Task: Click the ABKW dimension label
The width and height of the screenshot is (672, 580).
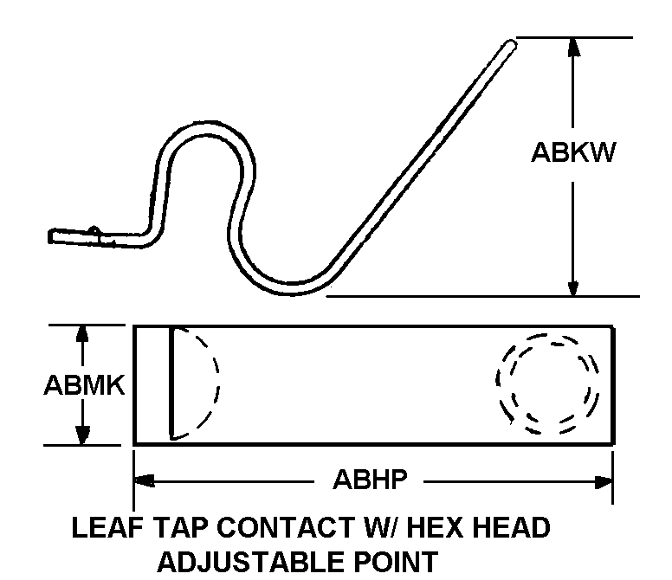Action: point(573,152)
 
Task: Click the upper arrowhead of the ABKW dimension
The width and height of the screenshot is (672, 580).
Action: point(572,48)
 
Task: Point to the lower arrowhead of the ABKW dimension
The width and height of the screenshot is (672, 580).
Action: point(572,286)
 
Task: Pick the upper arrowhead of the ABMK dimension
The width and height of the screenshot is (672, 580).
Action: point(83,335)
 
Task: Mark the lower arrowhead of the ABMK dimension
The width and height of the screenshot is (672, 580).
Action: point(83,435)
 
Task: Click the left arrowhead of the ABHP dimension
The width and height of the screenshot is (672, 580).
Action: point(144,480)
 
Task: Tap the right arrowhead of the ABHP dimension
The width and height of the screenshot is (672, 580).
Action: point(604,480)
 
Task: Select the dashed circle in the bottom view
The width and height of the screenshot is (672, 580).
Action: point(547,382)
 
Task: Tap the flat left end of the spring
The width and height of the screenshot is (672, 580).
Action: point(61,235)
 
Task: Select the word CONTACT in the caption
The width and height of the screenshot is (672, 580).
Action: point(285,527)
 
